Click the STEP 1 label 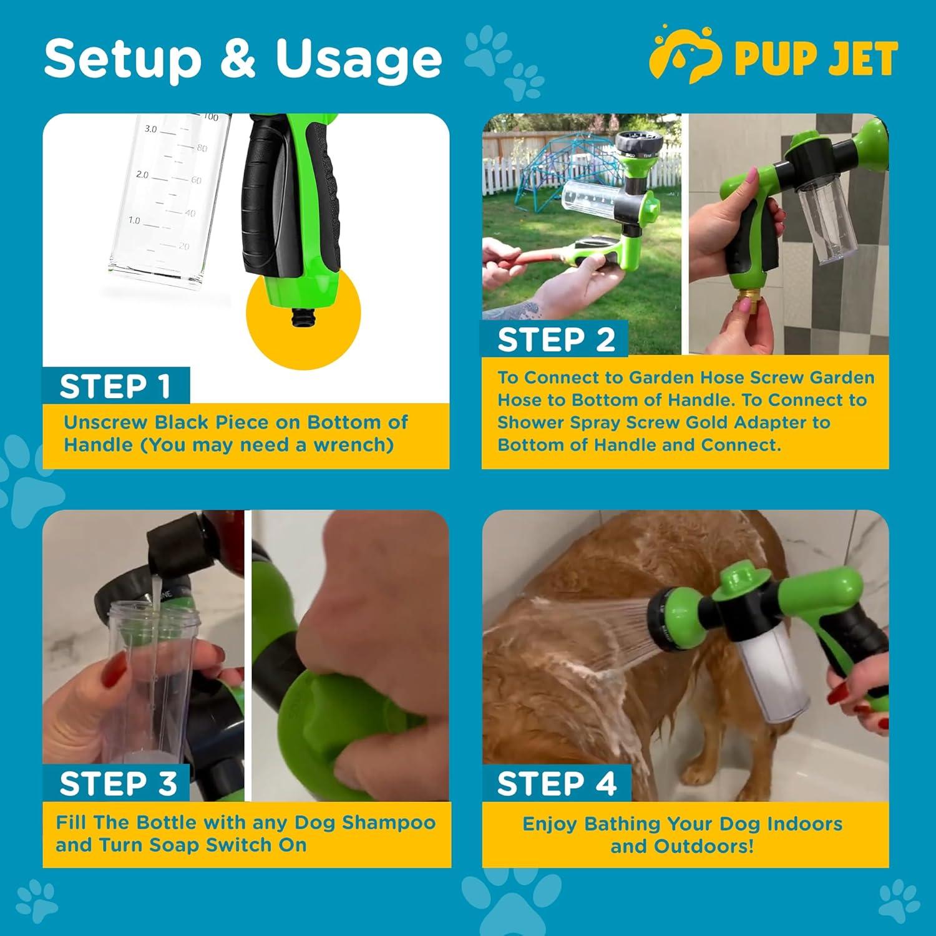[x=115, y=386]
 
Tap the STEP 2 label [x=556, y=340]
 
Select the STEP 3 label [x=118, y=783]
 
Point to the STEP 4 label [x=557, y=783]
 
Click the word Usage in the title [x=359, y=59]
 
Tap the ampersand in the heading [x=238, y=59]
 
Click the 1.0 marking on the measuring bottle [x=134, y=220]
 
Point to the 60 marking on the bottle [x=196, y=180]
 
